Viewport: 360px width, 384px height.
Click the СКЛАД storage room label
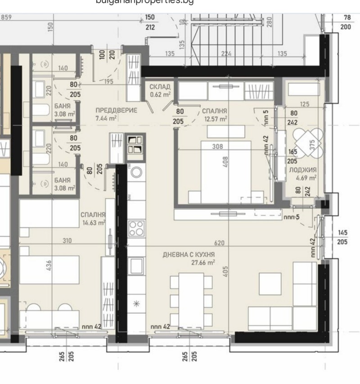159,86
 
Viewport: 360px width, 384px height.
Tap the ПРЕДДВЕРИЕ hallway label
116,111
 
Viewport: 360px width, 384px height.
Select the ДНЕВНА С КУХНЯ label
189,255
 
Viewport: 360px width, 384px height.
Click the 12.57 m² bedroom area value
216,119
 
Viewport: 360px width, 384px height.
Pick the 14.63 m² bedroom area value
94,222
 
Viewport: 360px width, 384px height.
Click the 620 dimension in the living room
220,243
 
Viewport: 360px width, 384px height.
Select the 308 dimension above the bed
218,146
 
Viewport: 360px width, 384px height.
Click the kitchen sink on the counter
136,266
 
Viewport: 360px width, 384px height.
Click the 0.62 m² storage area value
160,95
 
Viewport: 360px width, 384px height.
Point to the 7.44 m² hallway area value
106,118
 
